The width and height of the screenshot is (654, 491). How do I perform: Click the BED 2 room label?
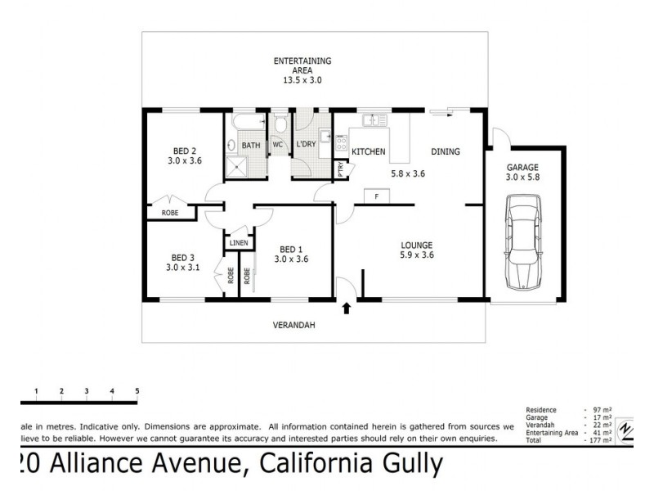click(184, 150)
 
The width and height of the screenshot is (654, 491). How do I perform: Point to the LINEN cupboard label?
click(238, 243)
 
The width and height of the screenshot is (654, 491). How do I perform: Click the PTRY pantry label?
click(341, 169)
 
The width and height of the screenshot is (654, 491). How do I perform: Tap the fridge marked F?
click(376, 196)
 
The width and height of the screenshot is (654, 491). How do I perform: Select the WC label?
click(277, 145)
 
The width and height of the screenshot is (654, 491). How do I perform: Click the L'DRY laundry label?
click(307, 145)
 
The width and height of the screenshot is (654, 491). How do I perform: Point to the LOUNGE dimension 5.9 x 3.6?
click(416, 255)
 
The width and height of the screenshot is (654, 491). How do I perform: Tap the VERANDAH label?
click(294, 325)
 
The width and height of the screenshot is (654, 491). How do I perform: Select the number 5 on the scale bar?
click(137, 390)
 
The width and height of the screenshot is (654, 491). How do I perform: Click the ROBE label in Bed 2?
click(169, 213)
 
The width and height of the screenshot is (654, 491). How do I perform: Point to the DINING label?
click(446, 151)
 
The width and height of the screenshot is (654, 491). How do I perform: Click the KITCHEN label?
click(368, 152)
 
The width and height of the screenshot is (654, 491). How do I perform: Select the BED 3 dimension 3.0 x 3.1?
click(183, 267)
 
